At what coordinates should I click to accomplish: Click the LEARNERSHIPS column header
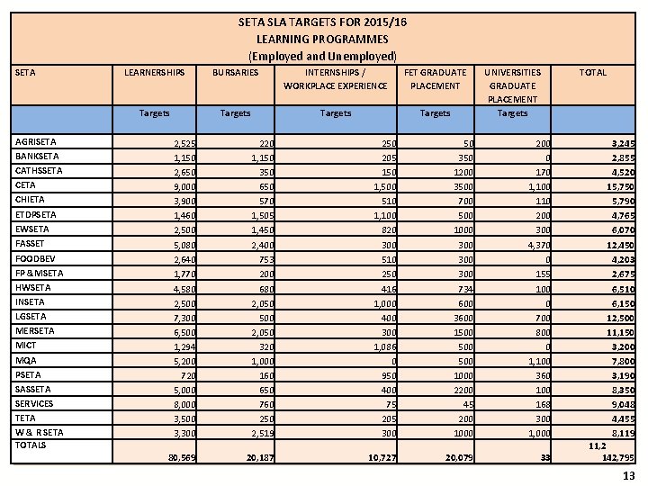coord(154,72)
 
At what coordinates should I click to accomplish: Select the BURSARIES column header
coord(235,72)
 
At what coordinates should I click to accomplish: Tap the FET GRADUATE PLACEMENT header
coord(435,78)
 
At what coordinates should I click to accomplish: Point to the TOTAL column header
coord(592,72)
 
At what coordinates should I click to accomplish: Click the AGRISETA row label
coord(36,141)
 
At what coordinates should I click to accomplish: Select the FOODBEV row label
coord(35,257)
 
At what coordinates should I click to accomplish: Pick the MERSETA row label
coord(35,330)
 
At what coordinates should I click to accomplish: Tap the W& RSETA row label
coord(37,432)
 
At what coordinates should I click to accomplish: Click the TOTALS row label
coord(31,445)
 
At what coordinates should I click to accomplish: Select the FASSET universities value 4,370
coord(536,244)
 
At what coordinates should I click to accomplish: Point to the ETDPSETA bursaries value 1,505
coord(260,215)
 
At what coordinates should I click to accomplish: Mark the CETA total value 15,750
coord(617,185)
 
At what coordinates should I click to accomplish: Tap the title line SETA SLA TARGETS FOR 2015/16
coord(322,21)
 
